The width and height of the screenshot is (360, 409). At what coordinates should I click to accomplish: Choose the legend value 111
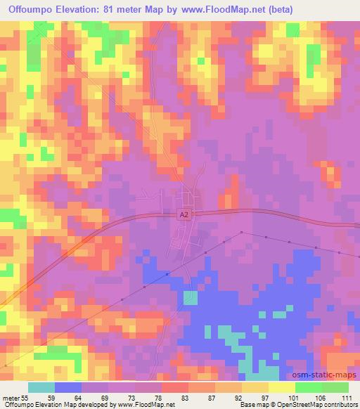point(347,397)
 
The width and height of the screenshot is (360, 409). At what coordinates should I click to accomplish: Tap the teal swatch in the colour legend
point(41,387)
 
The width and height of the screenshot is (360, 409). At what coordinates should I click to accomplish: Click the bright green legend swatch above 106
point(308,387)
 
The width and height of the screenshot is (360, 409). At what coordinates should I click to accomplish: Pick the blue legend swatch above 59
point(68,387)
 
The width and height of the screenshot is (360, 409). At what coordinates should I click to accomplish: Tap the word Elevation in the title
point(78,10)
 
